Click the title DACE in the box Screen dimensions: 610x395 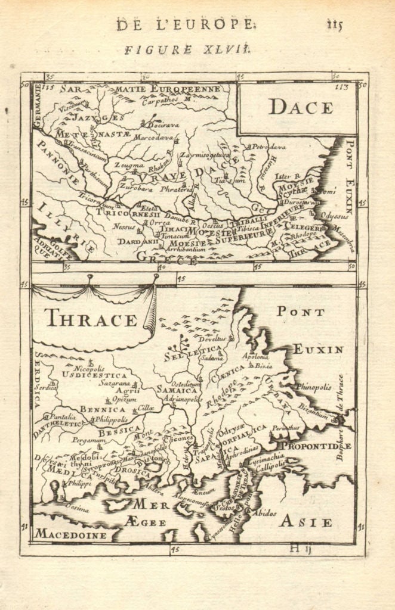pyautogui.click(x=300, y=107)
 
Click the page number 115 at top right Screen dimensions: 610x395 pyautogui.click(x=335, y=24)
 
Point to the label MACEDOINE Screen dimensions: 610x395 pyautogui.click(x=70, y=534)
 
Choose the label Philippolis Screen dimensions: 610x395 pyautogui.click(x=112, y=419)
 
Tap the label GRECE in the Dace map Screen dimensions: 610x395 pyautogui.click(x=167, y=257)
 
